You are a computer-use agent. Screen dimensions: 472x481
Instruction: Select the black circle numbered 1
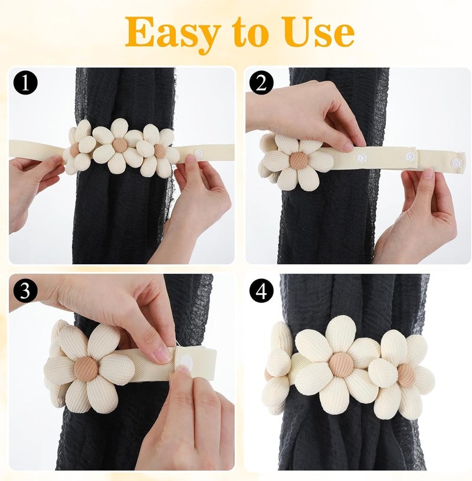pyautogui.click(x=25, y=82)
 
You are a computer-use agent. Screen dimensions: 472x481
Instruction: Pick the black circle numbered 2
pyautogui.click(x=261, y=82)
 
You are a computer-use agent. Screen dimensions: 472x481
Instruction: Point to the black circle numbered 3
pyautogui.click(x=25, y=290)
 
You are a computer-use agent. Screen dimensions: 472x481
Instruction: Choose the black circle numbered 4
pyautogui.click(x=261, y=290)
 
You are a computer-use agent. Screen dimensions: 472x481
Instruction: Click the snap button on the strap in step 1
pyautogui.click(x=199, y=153)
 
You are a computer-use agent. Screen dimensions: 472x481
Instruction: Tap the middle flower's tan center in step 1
pyautogui.click(x=119, y=145)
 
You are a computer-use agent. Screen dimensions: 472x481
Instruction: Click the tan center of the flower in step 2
pyautogui.click(x=298, y=160)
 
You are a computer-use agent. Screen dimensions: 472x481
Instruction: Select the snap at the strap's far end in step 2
pyautogui.click(x=457, y=163)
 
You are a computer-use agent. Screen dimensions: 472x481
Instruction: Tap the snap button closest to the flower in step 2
pyautogui.click(x=362, y=158)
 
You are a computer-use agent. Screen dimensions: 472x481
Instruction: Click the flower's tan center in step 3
pyautogui.click(x=86, y=368)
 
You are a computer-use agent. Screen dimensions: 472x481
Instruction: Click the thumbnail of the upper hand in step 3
pyautogui.click(x=162, y=355)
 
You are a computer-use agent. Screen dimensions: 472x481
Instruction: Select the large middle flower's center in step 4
pyautogui.click(x=341, y=364)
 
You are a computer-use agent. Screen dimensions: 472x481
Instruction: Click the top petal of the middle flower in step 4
pyautogui.click(x=340, y=333)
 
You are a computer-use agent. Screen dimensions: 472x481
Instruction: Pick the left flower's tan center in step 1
pyautogui.click(x=74, y=149)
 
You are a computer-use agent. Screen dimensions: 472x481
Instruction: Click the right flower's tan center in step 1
pyautogui.click(x=159, y=150)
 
